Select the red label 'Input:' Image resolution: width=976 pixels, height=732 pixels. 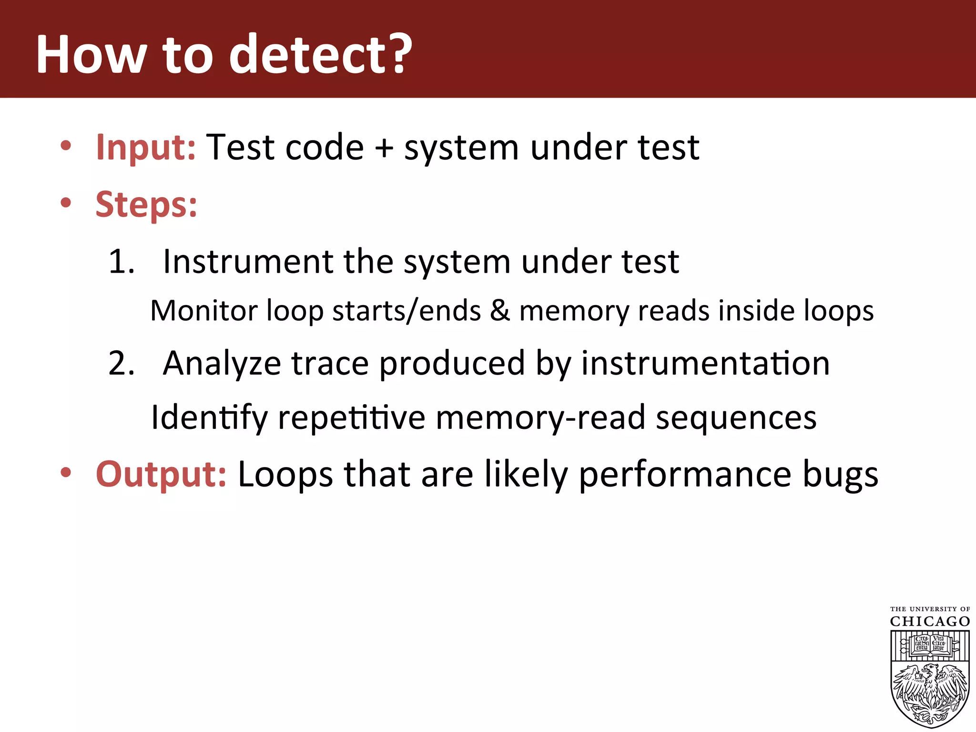pyautogui.click(x=145, y=148)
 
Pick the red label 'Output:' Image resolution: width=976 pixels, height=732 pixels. pyautogui.click(x=161, y=474)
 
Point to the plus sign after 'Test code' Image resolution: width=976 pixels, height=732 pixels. pyautogui.click(x=384, y=148)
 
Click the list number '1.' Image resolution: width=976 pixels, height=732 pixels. pyautogui.click(x=122, y=262)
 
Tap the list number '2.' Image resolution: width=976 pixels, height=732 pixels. pyautogui.click(x=122, y=364)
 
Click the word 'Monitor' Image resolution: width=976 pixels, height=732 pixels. pyautogui.click(x=204, y=311)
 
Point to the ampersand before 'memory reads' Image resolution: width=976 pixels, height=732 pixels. pyautogui.click(x=500, y=311)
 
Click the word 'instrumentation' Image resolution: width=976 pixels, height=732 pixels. pyautogui.click(x=705, y=364)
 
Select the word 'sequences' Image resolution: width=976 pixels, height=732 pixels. pyautogui.click(x=736, y=417)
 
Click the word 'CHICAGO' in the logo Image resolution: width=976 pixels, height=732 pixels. pyautogui.click(x=930, y=621)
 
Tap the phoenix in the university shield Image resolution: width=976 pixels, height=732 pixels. pyautogui.click(x=930, y=691)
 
